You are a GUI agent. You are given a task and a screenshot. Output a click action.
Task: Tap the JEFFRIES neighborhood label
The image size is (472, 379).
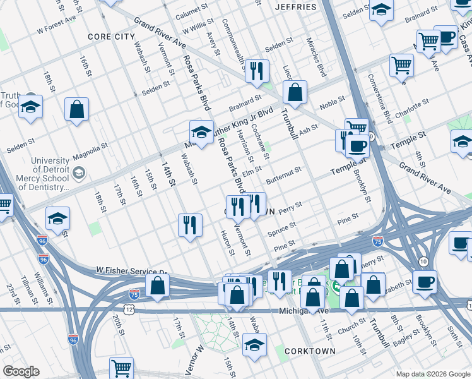296,6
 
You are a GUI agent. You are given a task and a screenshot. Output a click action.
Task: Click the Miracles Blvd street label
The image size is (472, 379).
321,57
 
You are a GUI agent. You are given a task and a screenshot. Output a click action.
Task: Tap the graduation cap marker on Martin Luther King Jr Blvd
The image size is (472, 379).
201,133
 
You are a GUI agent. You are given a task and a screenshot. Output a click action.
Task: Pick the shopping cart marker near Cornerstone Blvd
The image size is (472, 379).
401,65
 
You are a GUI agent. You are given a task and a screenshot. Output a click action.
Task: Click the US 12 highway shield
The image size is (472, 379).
129,308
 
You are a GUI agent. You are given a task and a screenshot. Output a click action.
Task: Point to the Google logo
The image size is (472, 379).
21,371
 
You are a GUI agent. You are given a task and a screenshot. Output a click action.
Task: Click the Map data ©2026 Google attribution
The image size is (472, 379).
433,374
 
